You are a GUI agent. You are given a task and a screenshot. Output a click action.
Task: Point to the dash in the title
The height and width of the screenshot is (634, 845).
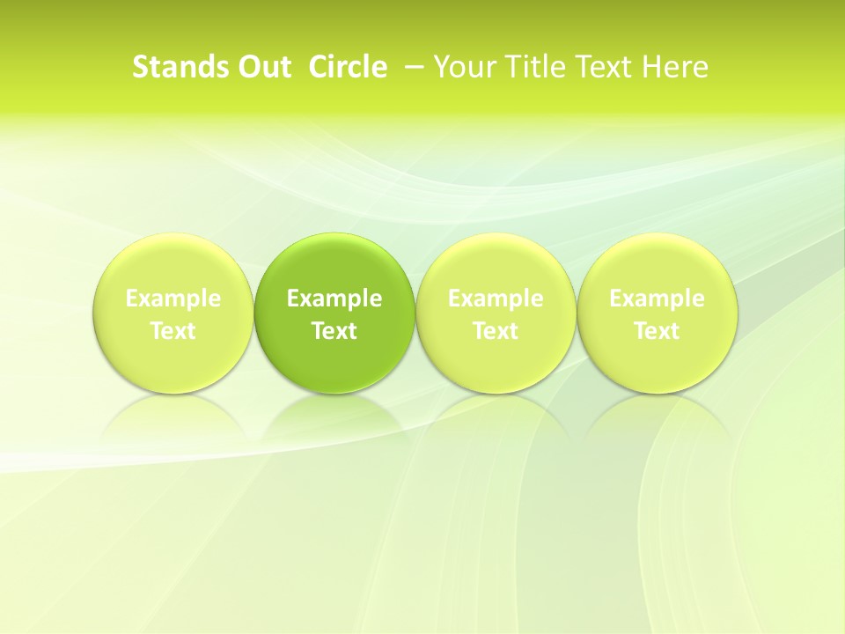pyautogui.click(x=412, y=67)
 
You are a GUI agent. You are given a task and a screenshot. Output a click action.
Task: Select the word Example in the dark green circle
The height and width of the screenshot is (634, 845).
pyautogui.click(x=334, y=299)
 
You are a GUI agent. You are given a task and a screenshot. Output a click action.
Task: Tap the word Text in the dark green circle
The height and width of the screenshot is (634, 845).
pyautogui.click(x=334, y=331)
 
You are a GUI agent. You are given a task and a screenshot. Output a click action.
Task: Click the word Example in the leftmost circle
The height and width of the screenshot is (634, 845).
pyautogui.click(x=173, y=299)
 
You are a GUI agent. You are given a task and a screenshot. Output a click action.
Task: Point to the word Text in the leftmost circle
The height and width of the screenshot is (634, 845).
pyautogui.click(x=173, y=331)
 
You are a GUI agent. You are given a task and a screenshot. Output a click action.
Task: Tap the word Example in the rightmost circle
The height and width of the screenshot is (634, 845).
pyautogui.click(x=658, y=299)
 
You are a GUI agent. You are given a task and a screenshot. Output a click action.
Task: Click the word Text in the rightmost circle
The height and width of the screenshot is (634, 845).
pyautogui.click(x=658, y=331)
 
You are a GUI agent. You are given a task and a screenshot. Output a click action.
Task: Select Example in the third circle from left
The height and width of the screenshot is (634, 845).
pyautogui.click(x=496, y=299)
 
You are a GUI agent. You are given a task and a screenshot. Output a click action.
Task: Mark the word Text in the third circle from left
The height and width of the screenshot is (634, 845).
pyautogui.click(x=496, y=331)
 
